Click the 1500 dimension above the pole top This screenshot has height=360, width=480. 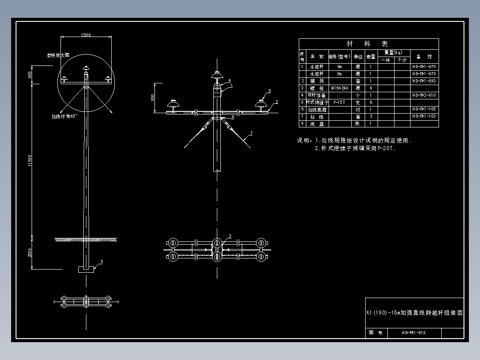(85, 35)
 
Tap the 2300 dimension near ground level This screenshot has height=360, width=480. (30, 253)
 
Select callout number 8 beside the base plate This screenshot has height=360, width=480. (102, 262)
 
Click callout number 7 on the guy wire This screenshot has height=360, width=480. (251, 133)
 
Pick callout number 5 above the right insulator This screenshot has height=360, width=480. (269, 90)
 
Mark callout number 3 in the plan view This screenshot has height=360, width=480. (230, 236)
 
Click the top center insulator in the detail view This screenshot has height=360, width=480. (217, 74)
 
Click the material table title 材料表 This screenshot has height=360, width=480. (368, 44)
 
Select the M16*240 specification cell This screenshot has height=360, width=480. (340, 88)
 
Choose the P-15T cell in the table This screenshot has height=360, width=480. (340, 102)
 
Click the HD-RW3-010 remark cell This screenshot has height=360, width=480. (424, 95)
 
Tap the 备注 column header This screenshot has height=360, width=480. (424, 57)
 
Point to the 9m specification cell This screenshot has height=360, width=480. (340, 67)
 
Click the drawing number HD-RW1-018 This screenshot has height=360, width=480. (414, 332)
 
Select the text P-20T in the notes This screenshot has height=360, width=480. (386, 149)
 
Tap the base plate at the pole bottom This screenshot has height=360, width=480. (86, 269)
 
